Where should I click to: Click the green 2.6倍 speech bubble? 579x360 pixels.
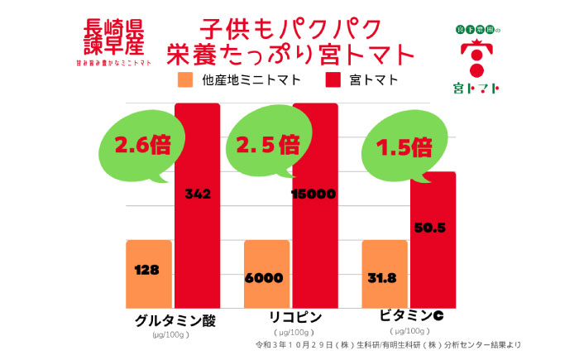[x=136, y=147]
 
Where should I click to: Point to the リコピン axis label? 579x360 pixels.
[x=296, y=318]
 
